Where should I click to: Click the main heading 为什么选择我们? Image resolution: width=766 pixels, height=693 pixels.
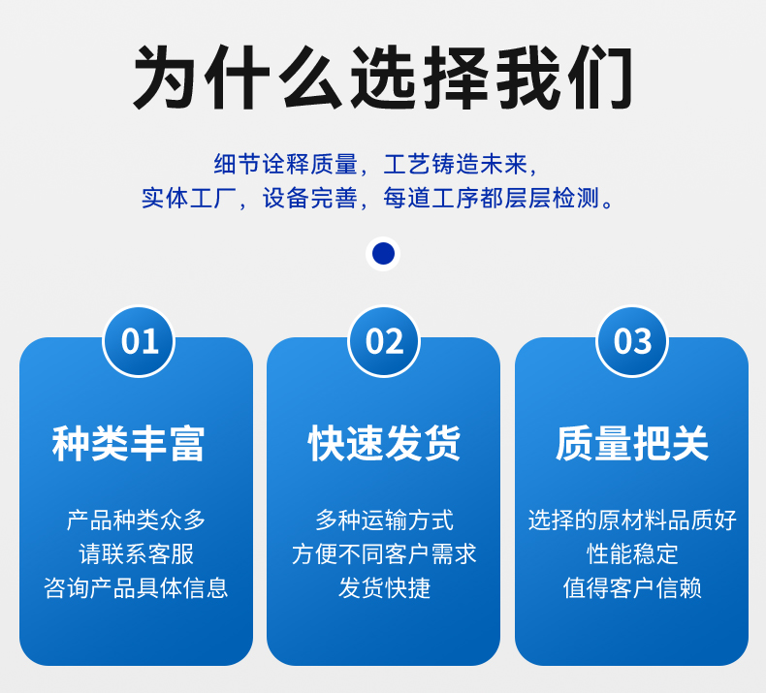pos(383,77)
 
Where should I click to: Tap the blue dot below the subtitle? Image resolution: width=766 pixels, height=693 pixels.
pos(383,254)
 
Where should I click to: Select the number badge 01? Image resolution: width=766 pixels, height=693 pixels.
pos(139,341)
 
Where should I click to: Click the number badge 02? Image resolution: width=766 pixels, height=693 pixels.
pos(384,341)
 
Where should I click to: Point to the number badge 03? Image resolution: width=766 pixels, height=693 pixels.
pos(632,341)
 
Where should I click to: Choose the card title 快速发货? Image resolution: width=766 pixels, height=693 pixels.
pos(384,443)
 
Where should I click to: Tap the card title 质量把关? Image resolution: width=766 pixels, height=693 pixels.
pos(632,443)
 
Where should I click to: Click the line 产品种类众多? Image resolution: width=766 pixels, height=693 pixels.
pos(136,520)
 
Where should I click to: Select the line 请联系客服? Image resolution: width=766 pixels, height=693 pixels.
pos(136,553)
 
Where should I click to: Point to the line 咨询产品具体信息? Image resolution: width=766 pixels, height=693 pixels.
pos(136,587)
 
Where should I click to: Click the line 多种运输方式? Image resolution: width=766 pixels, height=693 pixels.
pos(384,520)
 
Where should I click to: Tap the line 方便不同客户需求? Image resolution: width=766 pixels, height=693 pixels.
pos(384,553)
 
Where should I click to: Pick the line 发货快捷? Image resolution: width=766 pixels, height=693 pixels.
pos(384,587)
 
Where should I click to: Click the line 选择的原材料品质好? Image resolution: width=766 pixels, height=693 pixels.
pos(632,520)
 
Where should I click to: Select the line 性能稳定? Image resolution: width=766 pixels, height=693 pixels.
pos(632,553)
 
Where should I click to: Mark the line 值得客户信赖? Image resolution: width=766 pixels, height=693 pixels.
pos(632,587)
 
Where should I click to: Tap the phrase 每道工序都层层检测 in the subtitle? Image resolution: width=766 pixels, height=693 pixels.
pos(493,199)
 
